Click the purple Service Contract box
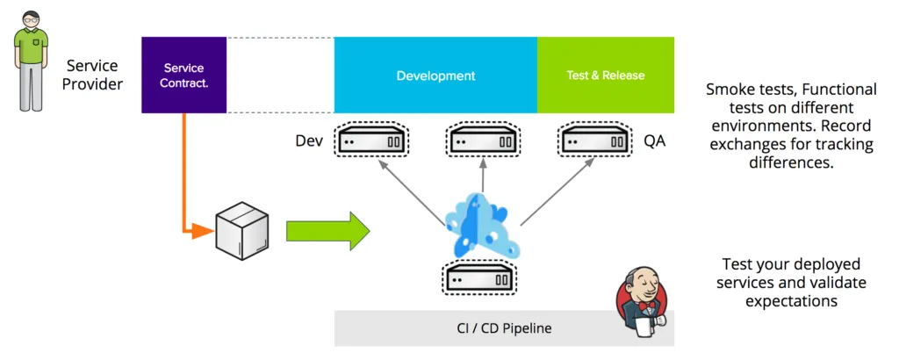click(183, 75)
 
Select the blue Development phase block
click(435, 75)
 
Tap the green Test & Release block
click(605, 75)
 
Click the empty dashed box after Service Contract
click(280, 75)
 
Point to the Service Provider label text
click(93, 75)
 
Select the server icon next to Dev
click(371, 140)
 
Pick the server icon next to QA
click(593, 140)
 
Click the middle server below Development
click(483, 140)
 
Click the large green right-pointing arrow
click(328, 231)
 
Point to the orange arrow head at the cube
click(204, 232)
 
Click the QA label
click(654, 140)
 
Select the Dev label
click(309, 140)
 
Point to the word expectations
click(791, 301)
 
